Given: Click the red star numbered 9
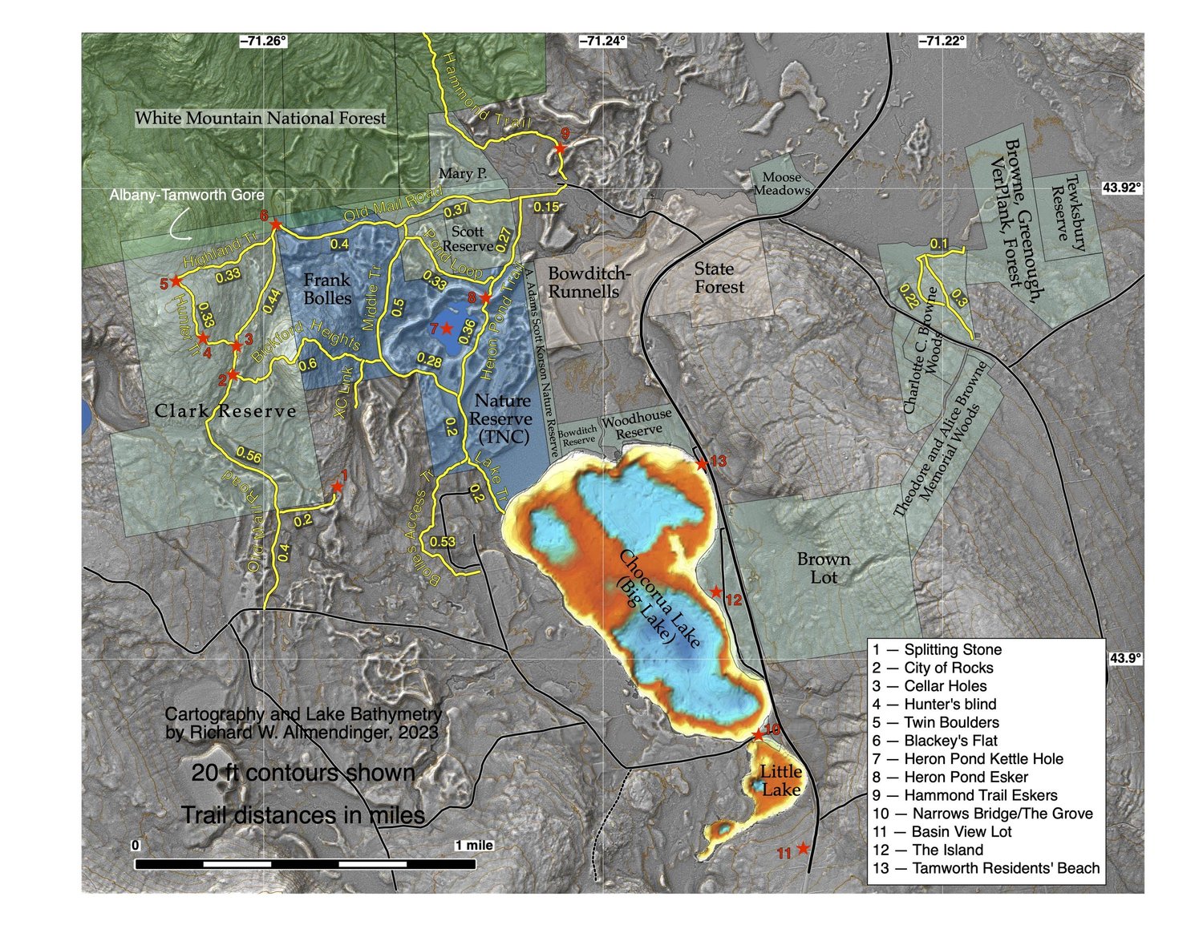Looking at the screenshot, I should [x=561, y=148].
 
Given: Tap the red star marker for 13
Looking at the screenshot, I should [x=701, y=464].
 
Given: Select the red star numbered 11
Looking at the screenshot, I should [x=803, y=848].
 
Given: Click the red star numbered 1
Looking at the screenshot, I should [x=337, y=487].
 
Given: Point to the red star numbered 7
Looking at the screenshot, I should [x=447, y=329].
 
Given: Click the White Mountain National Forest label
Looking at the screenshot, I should [x=260, y=119].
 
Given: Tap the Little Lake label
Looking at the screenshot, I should [x=780, y=780].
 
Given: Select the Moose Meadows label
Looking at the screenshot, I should [x=781, y=184].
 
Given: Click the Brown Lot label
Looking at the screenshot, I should [x=824, y=567].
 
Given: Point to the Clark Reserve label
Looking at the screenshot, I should [x=225, y=411].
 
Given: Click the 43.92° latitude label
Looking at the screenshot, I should [x=1121, y=188].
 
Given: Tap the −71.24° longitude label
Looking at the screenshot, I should [x=601, y=41].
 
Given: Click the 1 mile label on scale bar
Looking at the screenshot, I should [x=473, y=846].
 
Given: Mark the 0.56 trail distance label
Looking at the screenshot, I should [x=249, y=457].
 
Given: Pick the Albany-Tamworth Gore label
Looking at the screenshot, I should [x=186, y=195].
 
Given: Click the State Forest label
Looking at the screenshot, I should [x=719, y=278].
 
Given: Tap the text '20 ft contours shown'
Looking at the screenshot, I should [x=303, y=773].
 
